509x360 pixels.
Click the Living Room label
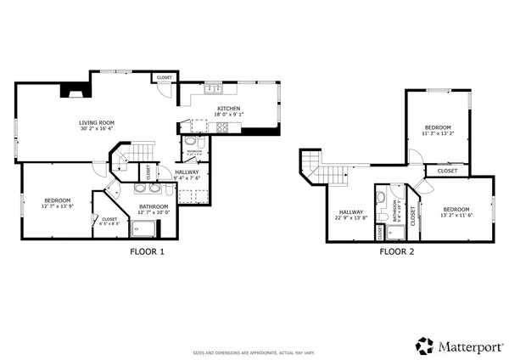(x=97, y=122)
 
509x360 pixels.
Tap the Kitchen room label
(x=229, y=109)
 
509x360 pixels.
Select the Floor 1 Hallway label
(x=187, y=172)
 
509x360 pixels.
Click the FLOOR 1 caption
(x=147, y=251)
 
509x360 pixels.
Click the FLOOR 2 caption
(x=396, y=251)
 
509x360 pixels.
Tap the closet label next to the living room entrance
(x=164, y=78)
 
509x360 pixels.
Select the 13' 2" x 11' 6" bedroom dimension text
(x=456, y=216)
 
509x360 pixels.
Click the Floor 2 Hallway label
(x=350, y=212)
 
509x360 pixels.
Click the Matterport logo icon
(x=424, y=346)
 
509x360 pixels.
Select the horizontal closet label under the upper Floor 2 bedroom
(x=447, y=171)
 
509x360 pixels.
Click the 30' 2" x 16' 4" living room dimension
(x=97, y=129)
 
